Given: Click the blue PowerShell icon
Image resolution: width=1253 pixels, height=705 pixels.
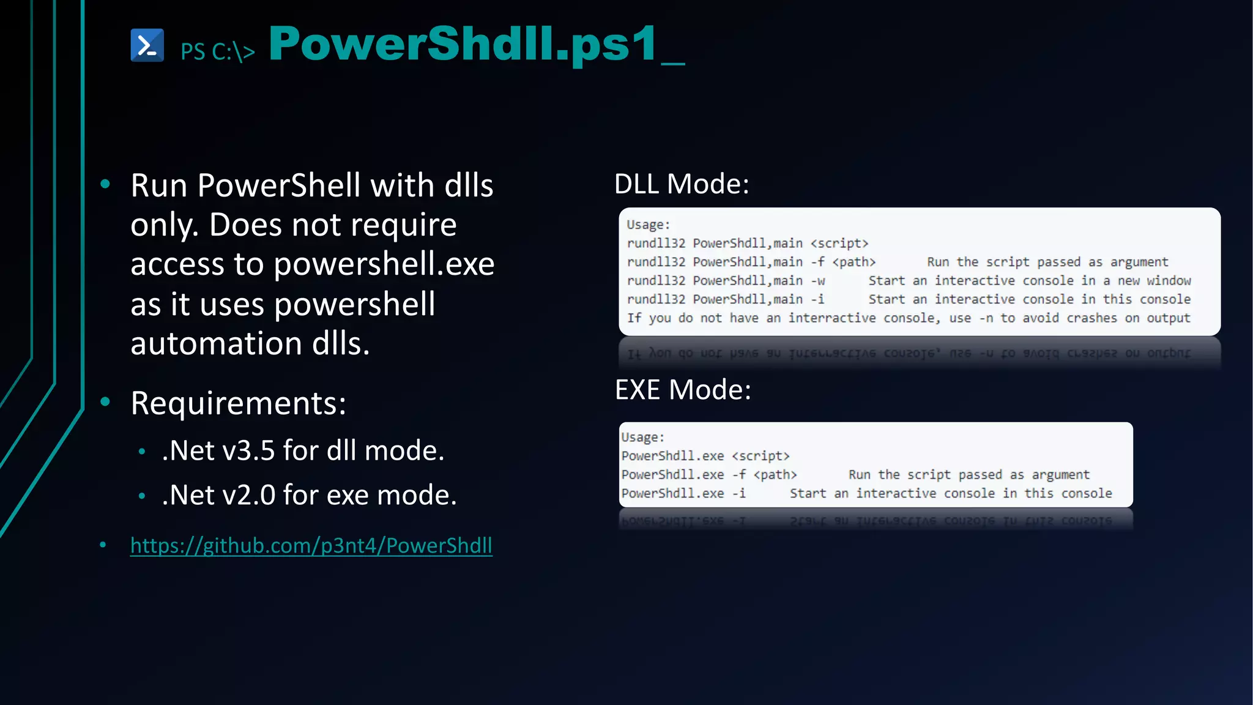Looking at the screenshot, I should click(147, 45).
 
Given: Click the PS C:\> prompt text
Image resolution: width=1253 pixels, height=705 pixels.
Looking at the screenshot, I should click(218, 51).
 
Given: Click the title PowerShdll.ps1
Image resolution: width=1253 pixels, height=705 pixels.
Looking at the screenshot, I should click(463, 44).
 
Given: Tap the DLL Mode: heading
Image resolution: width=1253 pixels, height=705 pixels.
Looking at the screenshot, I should click(682, 184).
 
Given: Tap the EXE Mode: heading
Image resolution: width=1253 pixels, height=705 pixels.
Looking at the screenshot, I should click(683, 389).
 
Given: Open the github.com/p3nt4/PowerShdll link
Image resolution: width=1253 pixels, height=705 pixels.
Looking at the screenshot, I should click(311, 545).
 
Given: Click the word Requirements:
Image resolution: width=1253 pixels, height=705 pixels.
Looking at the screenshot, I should click(239, 403).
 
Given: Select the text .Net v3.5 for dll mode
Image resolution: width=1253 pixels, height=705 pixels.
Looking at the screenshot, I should click(303, 450).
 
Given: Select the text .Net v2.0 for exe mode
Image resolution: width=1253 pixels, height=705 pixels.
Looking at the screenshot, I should click(309, 495).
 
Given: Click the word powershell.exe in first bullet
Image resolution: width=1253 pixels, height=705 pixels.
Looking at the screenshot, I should click(384, 264).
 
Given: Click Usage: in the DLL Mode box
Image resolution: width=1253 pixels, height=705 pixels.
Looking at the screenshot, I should click(648, 225).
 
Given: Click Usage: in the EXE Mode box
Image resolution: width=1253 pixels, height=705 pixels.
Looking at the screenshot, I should click(642, 437).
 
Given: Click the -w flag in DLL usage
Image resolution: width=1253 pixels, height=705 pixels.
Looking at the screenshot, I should click(818, 281).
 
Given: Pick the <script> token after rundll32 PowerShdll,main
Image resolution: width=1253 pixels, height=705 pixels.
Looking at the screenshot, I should click(839, 244).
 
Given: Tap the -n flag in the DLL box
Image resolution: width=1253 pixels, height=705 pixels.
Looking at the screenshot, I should click(986, 318).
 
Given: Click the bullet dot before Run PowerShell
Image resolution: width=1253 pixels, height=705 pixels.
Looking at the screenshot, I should click(105, 184).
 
